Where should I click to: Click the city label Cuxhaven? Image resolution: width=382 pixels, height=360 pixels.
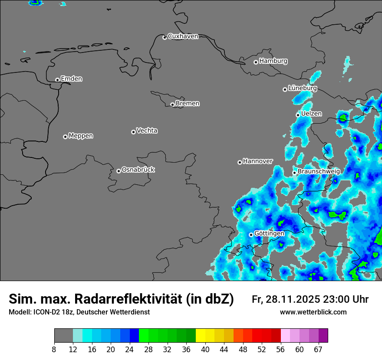point(183,36)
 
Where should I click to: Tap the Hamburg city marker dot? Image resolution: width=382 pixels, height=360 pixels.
point(256,62)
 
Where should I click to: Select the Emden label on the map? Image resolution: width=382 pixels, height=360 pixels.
point(71,79)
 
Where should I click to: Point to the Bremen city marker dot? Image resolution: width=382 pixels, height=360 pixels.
point(172,105)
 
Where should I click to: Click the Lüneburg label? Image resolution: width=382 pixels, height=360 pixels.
point(303,88)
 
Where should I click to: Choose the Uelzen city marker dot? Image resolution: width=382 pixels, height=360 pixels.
point(298,115)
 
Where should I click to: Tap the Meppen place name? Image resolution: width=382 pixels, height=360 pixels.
point(81,136)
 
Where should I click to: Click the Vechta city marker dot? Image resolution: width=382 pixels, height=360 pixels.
point(133,132)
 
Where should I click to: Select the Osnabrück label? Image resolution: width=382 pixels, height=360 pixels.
point(138,170)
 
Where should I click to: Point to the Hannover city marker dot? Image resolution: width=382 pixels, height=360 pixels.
point(240,163)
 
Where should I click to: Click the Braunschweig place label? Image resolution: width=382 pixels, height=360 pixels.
point(319,171)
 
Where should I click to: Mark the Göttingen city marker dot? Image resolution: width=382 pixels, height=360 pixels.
point(251,235)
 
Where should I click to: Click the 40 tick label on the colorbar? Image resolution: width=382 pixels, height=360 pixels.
point(205,350)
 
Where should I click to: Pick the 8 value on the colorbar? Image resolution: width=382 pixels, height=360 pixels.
point(54,350)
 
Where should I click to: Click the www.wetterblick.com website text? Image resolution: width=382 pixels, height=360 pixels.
point(313,312)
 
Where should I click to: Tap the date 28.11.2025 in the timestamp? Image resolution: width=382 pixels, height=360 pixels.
point(292,299)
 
